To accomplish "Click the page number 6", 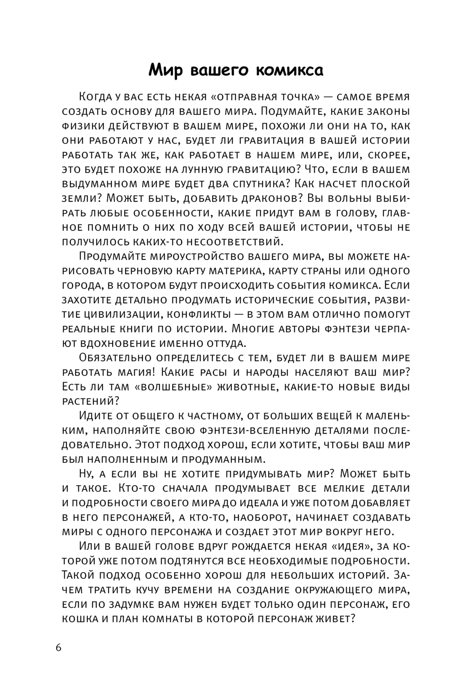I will click(59, 647).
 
